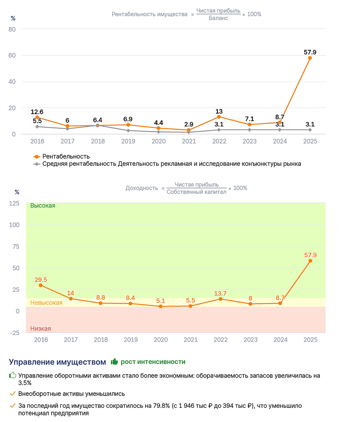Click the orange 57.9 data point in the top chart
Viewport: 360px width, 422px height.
(310, 58)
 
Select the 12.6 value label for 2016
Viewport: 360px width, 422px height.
(37, 112)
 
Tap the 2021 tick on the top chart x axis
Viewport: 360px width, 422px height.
(189, 141)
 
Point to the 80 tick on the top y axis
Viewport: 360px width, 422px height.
(12, 29)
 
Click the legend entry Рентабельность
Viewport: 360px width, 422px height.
(66, 156)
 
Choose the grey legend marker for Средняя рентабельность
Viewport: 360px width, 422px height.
(36, 164)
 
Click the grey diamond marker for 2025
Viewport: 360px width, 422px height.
(310, 130)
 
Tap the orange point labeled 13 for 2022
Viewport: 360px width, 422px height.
(219, 117)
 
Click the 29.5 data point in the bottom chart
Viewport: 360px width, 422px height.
(41, 285)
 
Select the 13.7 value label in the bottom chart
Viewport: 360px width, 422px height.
(220, 293)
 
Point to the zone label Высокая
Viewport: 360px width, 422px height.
(43, 206)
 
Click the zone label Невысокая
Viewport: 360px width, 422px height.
(46, 303)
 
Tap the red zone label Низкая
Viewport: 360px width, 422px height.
(41, 329)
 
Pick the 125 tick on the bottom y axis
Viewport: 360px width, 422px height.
(14, 204)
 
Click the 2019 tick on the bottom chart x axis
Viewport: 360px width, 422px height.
(131, 340)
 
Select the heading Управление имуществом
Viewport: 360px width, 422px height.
(57, 362)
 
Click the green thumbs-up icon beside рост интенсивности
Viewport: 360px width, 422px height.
(115, 361)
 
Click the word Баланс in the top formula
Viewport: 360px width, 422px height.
(218, 18)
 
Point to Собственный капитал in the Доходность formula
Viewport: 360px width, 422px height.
(197, 192)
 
